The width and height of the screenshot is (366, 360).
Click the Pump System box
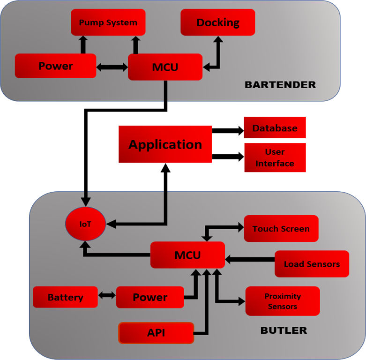108,22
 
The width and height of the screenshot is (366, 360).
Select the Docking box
218,22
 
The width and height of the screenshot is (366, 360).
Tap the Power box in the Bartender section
55,66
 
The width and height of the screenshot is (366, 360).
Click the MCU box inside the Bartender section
165,67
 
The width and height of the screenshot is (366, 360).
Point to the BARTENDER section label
280,85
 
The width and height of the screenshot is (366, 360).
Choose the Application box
165,144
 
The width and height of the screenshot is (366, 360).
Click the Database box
275,128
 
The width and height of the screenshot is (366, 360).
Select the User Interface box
275,157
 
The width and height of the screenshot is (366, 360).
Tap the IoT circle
85,224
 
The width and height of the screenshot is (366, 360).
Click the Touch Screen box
281,229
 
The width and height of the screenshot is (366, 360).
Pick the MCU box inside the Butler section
187,255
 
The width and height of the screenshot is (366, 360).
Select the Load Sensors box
312,264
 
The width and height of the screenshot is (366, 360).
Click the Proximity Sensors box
283,301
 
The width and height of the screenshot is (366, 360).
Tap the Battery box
65,297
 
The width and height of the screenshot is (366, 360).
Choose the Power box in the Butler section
150,297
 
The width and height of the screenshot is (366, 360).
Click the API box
156,333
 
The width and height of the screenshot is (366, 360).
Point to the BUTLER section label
284,330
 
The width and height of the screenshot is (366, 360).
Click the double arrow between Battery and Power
107,295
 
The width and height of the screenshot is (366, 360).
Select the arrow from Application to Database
228,130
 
